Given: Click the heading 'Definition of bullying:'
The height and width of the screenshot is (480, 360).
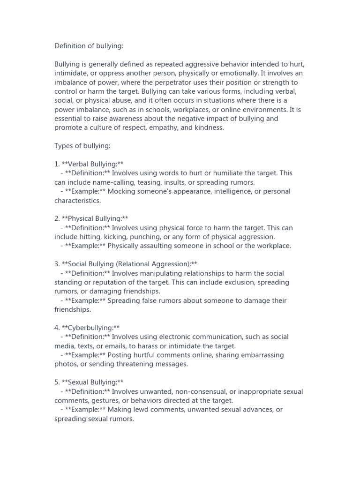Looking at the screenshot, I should (89, 46).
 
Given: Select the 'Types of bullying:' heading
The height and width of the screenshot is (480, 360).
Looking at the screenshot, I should (82, 146).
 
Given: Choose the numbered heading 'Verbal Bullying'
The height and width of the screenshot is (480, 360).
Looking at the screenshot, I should (92, 164).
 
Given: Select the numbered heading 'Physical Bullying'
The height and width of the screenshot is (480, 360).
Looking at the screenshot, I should (95, 218).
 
